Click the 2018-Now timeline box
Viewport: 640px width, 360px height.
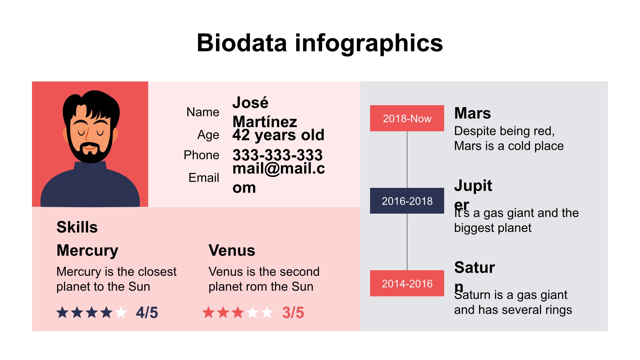[x=407, y=118]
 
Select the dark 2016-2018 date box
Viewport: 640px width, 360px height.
[x=407, y=201]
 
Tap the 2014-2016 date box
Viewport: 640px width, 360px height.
[x=407, y=283]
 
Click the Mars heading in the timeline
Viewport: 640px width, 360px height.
[x=472, y=113]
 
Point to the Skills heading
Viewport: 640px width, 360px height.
[x=77, y=227]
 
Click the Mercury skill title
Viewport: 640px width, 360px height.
[x=87, y=250]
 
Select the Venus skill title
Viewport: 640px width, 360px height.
[x=232, y=250]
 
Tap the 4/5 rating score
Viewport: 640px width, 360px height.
[x=147, y=313]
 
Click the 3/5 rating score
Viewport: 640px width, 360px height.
[x=293, y=313]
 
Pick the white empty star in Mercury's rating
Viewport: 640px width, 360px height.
[x=121, y=313]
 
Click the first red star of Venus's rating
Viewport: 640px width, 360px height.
[x=208, y=313]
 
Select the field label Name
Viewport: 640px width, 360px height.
[x=203, y=112]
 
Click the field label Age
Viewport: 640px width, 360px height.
[x=208, y=135]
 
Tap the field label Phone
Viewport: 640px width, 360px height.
[x=201, y=155]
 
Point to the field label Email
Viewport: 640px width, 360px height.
[x=204, y=178]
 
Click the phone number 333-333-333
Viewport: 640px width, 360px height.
[x=277, y=155]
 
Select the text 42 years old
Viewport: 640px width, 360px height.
[x=278, y=135]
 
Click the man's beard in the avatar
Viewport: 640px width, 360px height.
[x=90, y=156]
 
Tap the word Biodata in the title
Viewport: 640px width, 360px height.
[x=242, y=43]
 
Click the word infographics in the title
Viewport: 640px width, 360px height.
[x=369, y=43]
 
